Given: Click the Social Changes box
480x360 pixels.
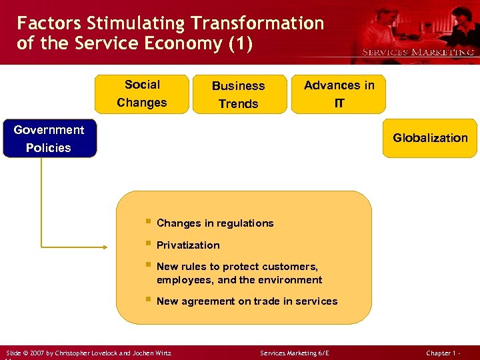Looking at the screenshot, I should coord(141,94).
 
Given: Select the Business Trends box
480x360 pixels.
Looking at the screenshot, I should coord(238,94).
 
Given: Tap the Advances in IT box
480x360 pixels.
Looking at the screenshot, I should coord(339,94).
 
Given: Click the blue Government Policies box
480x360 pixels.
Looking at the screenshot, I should coord(49,139).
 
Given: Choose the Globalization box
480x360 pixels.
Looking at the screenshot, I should coord(430,138).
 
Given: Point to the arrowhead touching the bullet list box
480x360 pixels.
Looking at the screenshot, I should coord(112,246).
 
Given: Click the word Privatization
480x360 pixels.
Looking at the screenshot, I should coord(188,245).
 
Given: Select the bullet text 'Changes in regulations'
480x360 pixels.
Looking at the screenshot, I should coord(215,223).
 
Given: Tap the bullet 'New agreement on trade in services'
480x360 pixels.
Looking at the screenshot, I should coord(247,301).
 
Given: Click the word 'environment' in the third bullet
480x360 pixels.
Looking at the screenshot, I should coord(291,280).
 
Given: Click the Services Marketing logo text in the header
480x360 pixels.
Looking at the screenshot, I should coord(417,52).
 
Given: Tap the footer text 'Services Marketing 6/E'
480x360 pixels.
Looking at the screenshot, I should coord(295,353).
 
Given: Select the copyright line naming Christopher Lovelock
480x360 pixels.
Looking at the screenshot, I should coord(89,353).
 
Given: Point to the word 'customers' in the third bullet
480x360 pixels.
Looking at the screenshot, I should coord(291,267).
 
